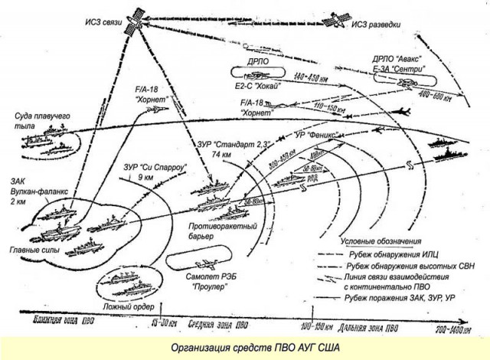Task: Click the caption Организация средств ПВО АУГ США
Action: [245, 346]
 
